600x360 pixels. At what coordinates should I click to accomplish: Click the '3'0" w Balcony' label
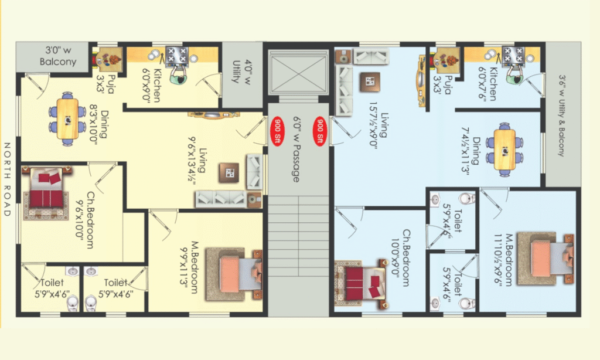click(x=58, y=56)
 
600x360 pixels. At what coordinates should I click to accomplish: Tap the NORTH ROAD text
click(x=7, y=179)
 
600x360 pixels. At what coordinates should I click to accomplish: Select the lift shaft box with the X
click(x=298, y=72)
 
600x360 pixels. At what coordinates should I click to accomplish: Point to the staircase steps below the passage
click(x=298, y=236)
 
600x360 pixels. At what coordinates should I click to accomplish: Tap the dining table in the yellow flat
click(x=67, y=118)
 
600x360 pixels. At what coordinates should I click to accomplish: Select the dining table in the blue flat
click(x=504, y=150)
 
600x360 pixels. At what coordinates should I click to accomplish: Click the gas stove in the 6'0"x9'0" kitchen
click(x=177, y=55)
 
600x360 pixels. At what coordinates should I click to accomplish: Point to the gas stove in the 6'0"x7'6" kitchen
click(x=513, y=55)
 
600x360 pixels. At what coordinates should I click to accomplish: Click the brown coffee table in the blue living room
click(x=370, y=81)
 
